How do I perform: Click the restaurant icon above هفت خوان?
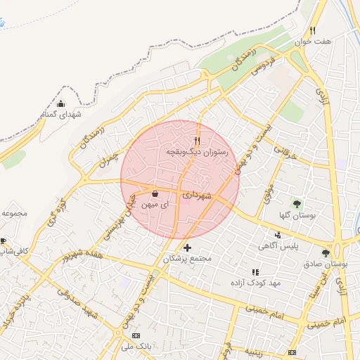[312, 30]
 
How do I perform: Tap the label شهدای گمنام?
[61, 114]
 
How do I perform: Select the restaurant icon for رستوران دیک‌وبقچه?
[198, 141]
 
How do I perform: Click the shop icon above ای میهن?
[155, 193]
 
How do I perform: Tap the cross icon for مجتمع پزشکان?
[187, 247]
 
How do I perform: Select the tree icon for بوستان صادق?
[325, 252]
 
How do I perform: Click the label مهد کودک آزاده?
[255, 282]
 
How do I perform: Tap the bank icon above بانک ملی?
[136, 335]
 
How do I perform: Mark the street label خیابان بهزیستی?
[122, 214]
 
